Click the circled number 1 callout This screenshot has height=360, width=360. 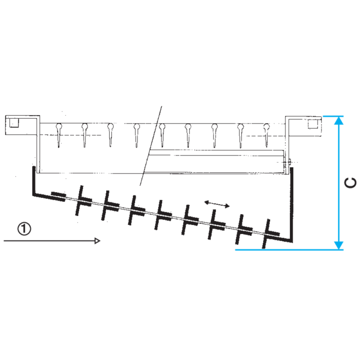coord(24,229)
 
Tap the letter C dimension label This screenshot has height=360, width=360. coord(351,183)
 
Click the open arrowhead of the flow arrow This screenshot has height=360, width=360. coord(97,241)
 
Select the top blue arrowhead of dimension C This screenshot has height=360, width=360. coord(339,121)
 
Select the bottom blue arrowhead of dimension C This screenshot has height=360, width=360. coord(339,245)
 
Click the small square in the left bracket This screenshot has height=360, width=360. coord(14,123)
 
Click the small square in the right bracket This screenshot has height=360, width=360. coord(312,124)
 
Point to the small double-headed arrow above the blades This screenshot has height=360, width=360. coord(217,204)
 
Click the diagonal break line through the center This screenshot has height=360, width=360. coord(151,146)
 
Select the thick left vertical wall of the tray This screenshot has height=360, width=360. coord(33,181)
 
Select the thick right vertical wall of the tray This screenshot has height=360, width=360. coord(292,204)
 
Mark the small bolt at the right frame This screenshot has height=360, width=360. coord(288,162)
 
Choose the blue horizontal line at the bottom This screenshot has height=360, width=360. coord(289,250)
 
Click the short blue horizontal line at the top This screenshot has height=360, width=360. coord(333,117)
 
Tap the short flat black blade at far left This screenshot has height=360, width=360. coord(58,197)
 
